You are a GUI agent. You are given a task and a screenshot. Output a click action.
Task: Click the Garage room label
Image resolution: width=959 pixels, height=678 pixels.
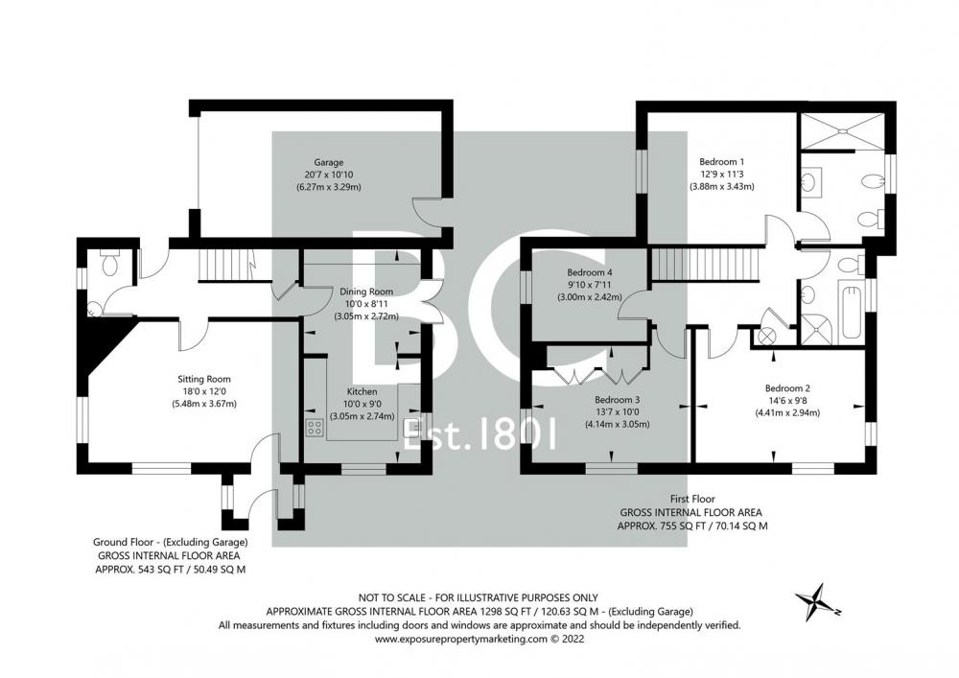click(x=328, y=163)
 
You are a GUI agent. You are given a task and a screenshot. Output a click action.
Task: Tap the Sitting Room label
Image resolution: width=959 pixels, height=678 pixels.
click(x=204, y=379)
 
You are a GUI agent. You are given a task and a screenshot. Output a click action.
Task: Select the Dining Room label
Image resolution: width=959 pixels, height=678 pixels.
click(x=366, y=292)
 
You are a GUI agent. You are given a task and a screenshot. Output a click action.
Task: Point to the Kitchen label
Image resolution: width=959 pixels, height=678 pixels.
click(x=363, y=391)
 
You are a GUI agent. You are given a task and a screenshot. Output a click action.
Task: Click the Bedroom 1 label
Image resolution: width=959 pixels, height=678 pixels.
click(x=722, y=162)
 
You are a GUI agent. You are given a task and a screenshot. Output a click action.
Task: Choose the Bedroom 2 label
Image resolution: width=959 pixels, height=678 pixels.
click(x=787, y=388)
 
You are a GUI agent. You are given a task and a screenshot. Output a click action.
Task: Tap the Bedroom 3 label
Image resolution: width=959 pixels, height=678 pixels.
click(x=617, y=400)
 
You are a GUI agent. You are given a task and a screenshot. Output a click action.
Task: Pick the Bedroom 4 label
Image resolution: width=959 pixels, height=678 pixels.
click(x=590, y=272)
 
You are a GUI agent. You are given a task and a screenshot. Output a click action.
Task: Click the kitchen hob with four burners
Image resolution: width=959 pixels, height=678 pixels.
click(x=315, y=427)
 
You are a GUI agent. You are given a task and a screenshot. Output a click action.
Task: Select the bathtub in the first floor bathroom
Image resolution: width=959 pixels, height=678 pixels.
click(x=852, y=311)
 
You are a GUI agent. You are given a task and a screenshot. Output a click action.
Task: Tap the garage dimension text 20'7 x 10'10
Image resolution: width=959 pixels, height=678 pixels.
click(x=328, y=175)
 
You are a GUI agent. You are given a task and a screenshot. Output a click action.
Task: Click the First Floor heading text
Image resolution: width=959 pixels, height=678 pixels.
click(x=691, y=499)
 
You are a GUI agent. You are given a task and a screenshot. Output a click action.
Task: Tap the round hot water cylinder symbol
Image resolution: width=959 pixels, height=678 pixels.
click(x=765, y=336)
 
